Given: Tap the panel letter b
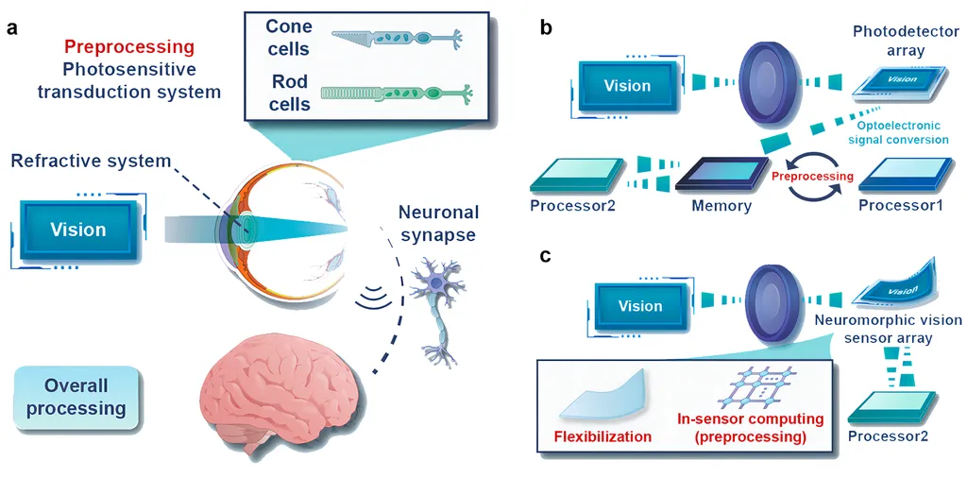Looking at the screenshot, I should pyautogui.click(x=546, y=27).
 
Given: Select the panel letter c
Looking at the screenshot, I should pyautogui.click(x=546, y=254).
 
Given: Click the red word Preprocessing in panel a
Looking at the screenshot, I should pyautogui.click(x=129, y=46).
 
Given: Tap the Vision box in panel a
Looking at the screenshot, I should pyautogui.click(x=78, y=230).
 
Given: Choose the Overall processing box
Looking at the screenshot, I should pyautogui.click(x=77, y=398).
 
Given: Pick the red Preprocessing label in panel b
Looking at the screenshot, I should pyautogui.click(x=812, y=176).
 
